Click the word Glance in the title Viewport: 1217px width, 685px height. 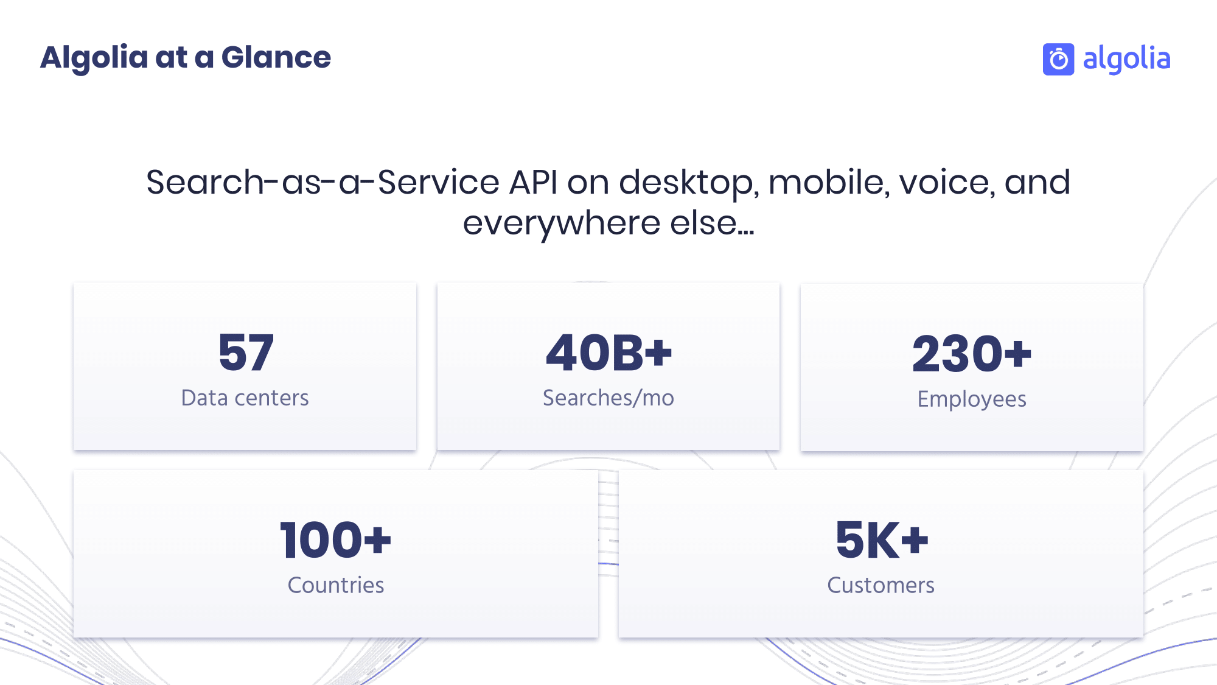(276, 57)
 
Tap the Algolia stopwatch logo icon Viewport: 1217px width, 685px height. (1058, 59)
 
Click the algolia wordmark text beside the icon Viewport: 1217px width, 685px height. (1126, 59)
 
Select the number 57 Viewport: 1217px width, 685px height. (246, 353)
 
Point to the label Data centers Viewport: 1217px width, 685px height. (245, 398)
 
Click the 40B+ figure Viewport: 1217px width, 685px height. (608, 353)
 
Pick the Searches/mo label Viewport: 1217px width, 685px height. (608, 398)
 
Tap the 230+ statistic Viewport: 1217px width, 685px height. (972, 354)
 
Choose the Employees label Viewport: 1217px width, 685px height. (972, 399)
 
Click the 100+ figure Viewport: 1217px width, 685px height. (335, 540)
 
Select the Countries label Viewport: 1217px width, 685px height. (336, 585)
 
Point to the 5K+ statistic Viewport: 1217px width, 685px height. (882, 540)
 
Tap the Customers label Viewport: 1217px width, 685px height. (880, 585)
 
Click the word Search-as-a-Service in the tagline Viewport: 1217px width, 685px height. (323, 182)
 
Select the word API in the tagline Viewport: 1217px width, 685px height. (533, 182)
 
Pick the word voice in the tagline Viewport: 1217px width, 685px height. (947, 182)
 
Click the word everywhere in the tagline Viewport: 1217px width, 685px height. (561, 223)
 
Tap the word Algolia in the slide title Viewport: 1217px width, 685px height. (94, 58)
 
